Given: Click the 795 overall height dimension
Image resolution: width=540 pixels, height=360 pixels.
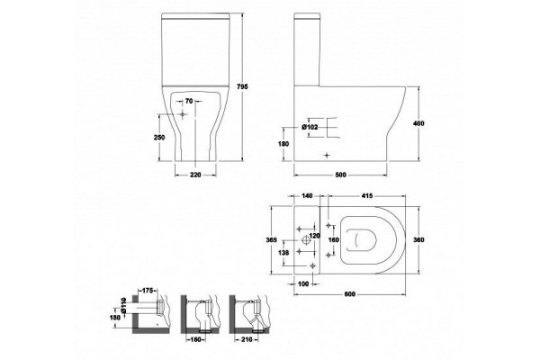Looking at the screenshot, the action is [243, 86].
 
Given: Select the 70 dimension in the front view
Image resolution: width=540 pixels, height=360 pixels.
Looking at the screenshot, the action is [189, 101].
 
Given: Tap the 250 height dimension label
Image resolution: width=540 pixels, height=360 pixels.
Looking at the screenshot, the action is [159, 138].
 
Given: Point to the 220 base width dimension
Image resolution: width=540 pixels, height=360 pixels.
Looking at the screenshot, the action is [195, 175].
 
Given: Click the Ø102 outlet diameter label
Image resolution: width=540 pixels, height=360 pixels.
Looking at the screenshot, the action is [310, 127].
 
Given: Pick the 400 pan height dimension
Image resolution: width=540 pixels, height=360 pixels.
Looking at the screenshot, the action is [418, 123].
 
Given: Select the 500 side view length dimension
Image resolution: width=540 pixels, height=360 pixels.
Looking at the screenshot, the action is [340, 175].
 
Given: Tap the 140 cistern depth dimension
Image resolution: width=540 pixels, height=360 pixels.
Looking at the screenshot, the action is [307, 195].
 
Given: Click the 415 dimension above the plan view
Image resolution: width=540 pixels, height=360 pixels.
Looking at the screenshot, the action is [367, 195].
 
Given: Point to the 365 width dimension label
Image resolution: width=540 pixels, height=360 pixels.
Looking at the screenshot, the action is [272, 240].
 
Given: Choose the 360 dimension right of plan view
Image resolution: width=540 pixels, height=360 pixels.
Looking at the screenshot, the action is [418, 240].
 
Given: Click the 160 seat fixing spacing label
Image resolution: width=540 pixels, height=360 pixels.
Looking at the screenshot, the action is [334, 239].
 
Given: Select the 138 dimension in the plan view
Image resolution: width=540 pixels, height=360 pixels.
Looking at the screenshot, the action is [283, 253].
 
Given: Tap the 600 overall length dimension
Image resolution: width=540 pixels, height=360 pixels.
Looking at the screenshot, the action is [349, 294].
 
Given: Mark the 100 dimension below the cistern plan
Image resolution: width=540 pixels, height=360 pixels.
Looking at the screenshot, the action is [303, 283].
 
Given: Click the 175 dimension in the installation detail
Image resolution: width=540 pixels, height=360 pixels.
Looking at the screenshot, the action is [147, 291].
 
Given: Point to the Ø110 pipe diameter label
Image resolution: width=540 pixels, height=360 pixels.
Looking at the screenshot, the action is [123, 305].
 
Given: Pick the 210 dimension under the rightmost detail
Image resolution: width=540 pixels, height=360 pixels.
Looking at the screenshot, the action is [247, 339].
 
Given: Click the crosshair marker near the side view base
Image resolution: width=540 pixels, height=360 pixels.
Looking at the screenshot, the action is [327, 156].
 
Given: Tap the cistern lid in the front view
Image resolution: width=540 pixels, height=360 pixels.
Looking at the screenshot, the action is [195, 15].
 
